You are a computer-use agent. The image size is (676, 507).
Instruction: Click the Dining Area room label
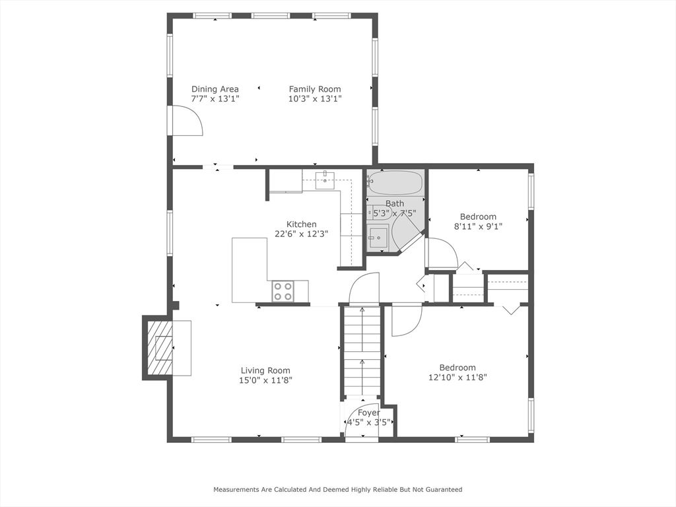215,89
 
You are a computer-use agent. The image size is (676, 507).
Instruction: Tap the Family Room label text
315,89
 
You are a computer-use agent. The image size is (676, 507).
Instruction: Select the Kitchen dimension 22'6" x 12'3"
301,233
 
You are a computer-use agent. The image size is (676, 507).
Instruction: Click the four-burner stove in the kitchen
283,291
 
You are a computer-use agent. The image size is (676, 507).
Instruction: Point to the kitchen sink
325,178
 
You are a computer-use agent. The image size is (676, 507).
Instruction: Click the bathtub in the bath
395,183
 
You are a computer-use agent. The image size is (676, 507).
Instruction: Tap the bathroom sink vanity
378,237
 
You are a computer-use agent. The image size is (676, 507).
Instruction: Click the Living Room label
265,370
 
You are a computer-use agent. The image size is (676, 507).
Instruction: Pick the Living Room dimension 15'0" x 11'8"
265,380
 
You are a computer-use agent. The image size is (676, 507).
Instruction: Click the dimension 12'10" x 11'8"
457,377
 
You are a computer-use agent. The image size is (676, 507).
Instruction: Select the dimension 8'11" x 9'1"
478,226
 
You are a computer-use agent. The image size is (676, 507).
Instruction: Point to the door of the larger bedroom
405,320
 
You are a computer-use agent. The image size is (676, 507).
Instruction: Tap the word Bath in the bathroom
395,203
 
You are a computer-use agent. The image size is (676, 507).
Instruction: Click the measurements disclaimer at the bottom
337,489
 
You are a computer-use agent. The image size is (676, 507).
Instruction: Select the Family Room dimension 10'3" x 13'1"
315,99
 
